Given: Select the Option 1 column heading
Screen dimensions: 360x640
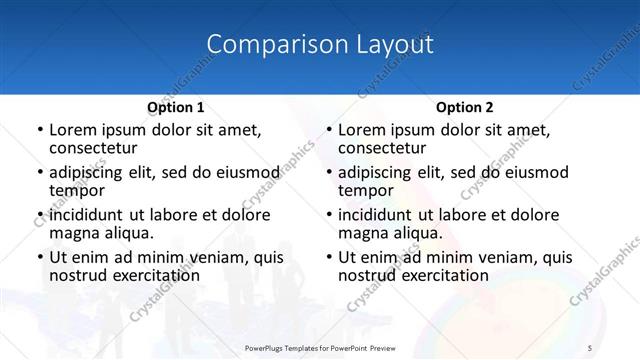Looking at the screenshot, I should pos(175,106).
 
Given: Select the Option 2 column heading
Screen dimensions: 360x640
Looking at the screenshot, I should pos(464,106).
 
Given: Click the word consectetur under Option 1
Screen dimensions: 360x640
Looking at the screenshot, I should pos(98,147).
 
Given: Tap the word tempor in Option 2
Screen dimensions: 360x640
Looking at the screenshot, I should pos(366,190).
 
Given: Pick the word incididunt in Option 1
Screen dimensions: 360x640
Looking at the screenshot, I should pos(87,215).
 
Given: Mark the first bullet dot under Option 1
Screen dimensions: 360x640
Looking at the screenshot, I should pos(39,130).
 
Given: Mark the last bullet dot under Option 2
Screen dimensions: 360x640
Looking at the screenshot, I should pos(328,258).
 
